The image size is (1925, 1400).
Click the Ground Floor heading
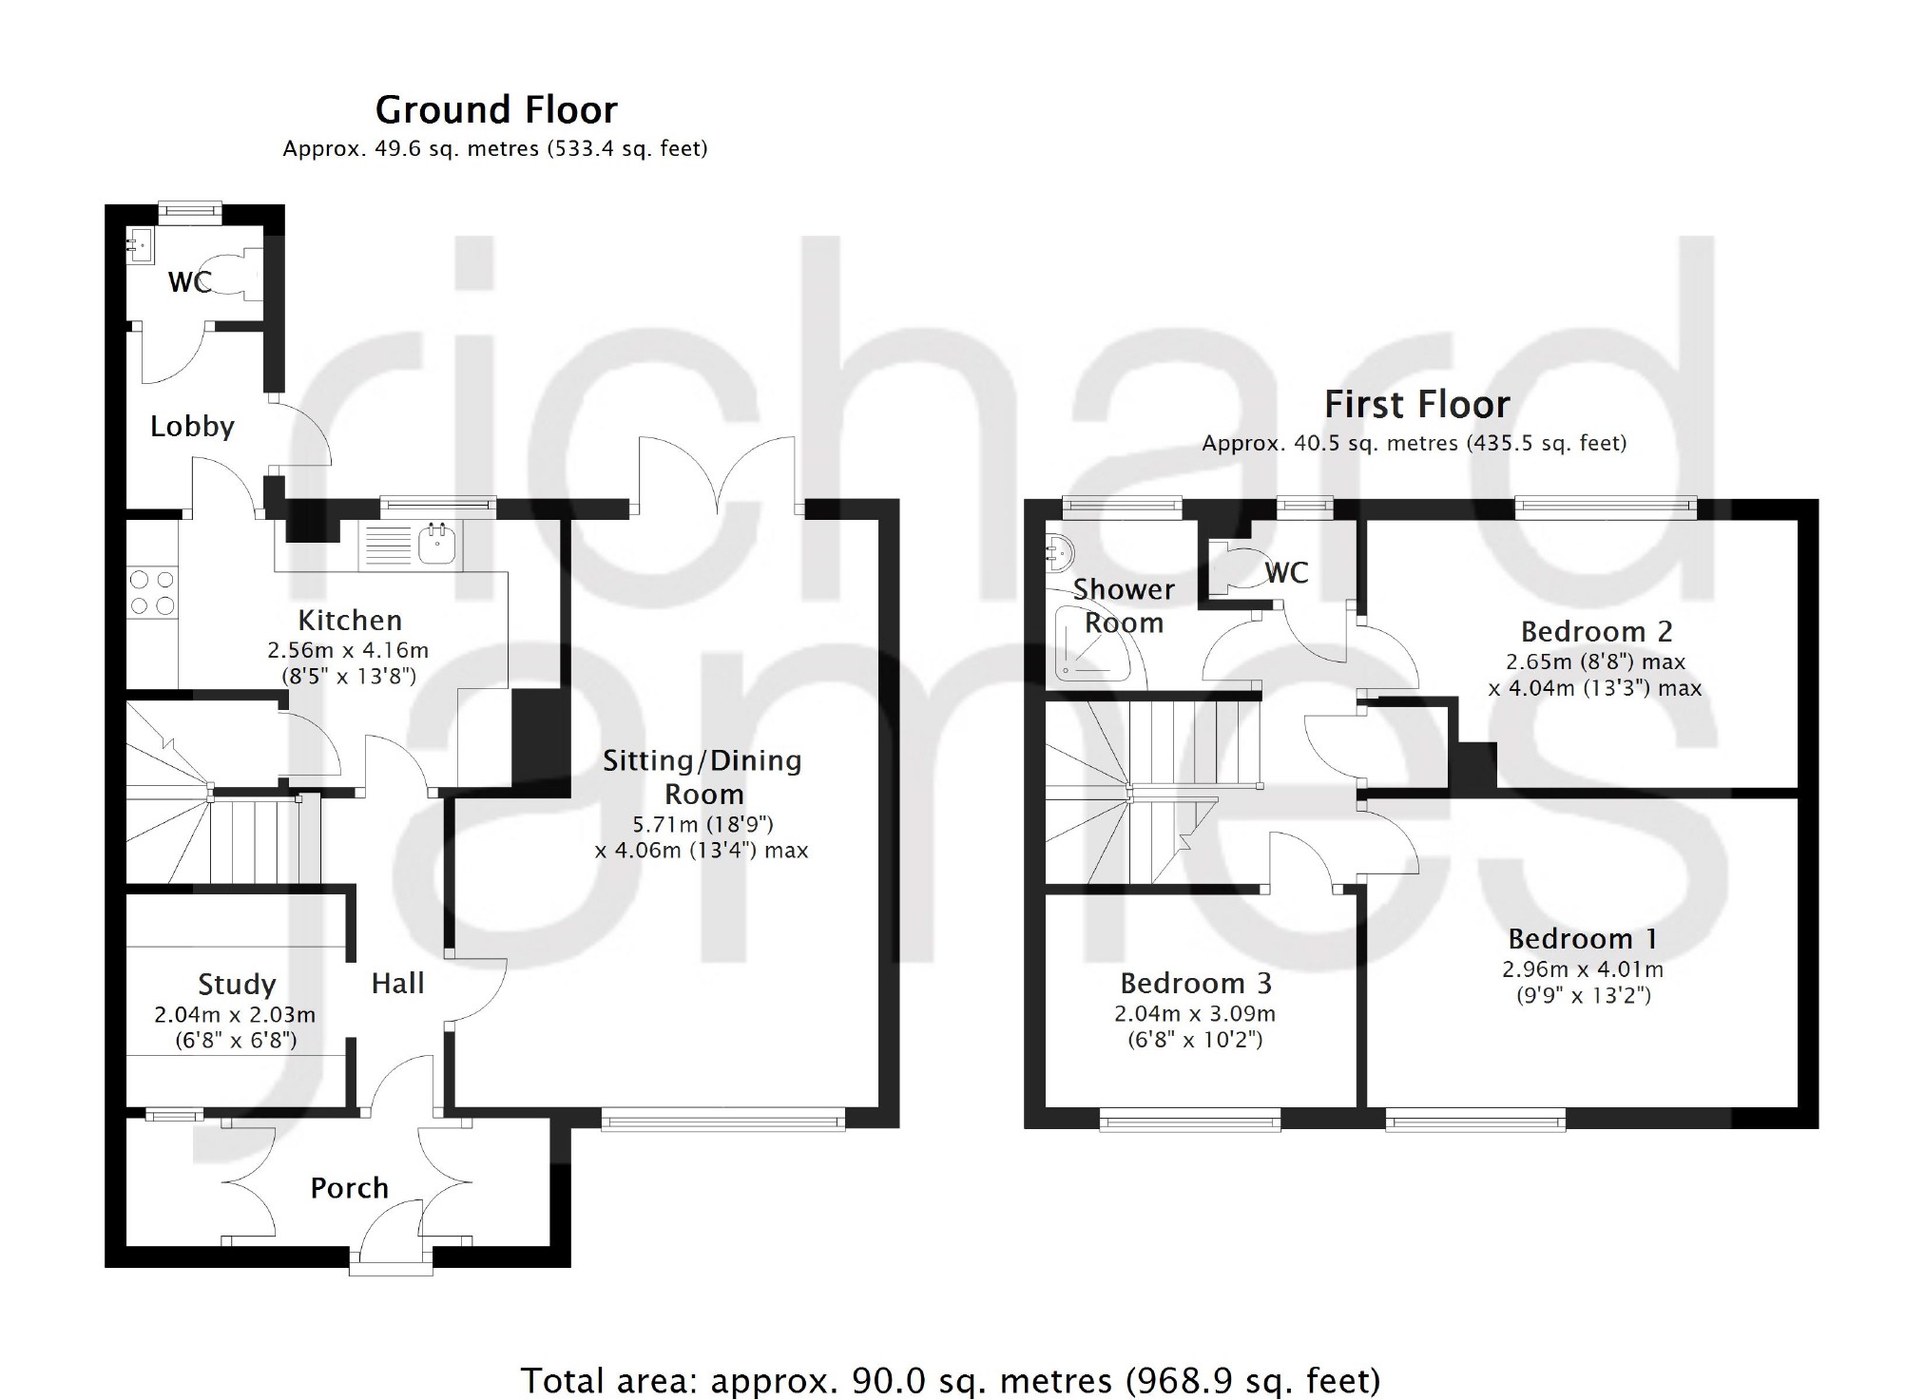click(496, 110)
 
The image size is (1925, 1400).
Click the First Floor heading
click(1416, 405)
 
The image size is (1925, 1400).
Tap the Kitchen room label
click(350, 621)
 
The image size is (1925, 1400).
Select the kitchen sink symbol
click(437, 545)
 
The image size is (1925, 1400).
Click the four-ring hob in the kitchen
click(152, 591)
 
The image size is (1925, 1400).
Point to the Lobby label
click(192, 427)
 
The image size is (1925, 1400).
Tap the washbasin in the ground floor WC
click(139, 246)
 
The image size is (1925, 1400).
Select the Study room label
click(237, 984)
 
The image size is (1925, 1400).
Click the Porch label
click(350, 1188)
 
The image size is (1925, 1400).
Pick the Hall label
click(397, 983)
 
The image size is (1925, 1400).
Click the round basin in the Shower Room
click(1059, 550)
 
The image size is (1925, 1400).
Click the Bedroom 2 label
click(1596, 631)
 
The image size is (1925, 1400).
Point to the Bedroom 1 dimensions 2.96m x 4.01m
click(1582, 969)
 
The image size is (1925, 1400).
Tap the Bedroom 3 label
click(1195, 983)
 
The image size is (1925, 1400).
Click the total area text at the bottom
click(951, 1380)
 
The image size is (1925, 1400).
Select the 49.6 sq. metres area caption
click(495, 149)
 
